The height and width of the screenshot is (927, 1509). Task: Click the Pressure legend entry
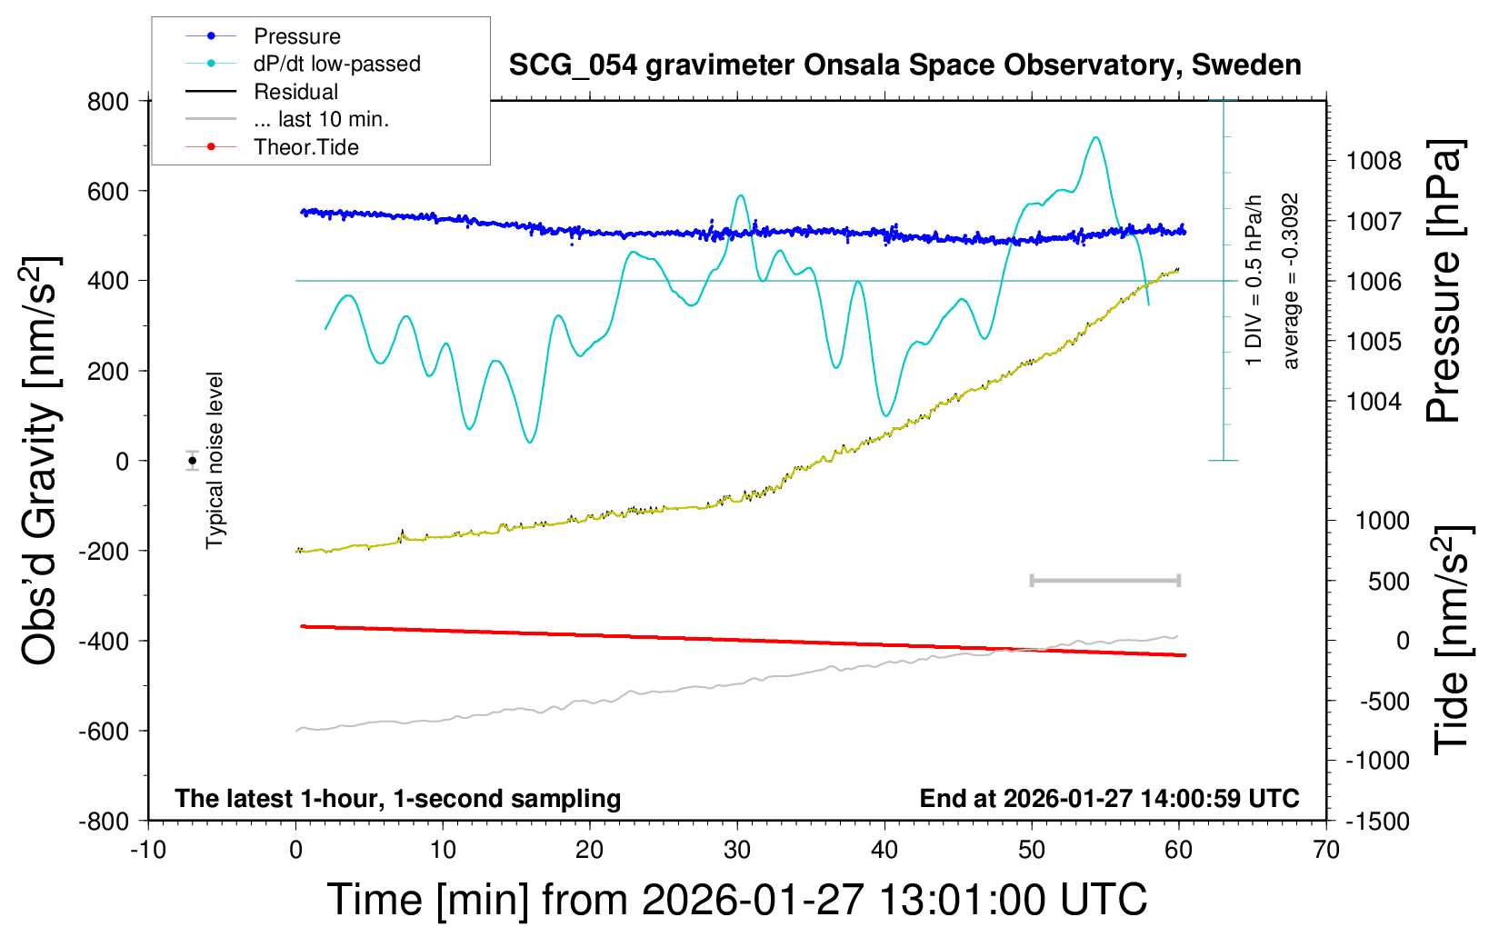tap(296, 36)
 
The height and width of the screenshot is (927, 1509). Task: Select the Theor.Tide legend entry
tap(305, 147)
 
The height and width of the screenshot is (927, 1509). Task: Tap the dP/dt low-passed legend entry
tap(336, 64)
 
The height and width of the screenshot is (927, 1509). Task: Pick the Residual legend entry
tap(295, 92)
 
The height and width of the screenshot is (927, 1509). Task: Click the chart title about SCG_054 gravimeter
tap(904, 65)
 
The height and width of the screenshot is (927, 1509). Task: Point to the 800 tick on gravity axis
tap(108, 101)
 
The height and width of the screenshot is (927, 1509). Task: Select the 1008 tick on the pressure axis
tap(1374, 161)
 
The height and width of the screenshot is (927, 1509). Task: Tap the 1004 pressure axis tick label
tap(1374, 401)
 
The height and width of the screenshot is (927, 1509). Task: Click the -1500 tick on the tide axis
tap(1377, 821)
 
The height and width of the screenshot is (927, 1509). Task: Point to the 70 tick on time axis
tap(1326, 850)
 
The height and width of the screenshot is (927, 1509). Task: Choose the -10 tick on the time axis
tap(147, 850)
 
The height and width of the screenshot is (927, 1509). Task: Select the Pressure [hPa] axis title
tap(1443, 281)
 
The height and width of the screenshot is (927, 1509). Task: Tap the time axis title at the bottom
tap(736, 900)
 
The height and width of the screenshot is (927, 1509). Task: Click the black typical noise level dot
tap(192, 461)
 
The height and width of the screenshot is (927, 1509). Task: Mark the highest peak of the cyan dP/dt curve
tap(1096, 137)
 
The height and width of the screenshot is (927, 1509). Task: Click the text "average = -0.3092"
tap(1291, 281)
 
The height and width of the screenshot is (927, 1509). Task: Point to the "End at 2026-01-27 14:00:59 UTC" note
tap(1109, 798)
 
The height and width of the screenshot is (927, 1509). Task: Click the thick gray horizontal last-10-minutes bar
tap(1104, 580)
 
